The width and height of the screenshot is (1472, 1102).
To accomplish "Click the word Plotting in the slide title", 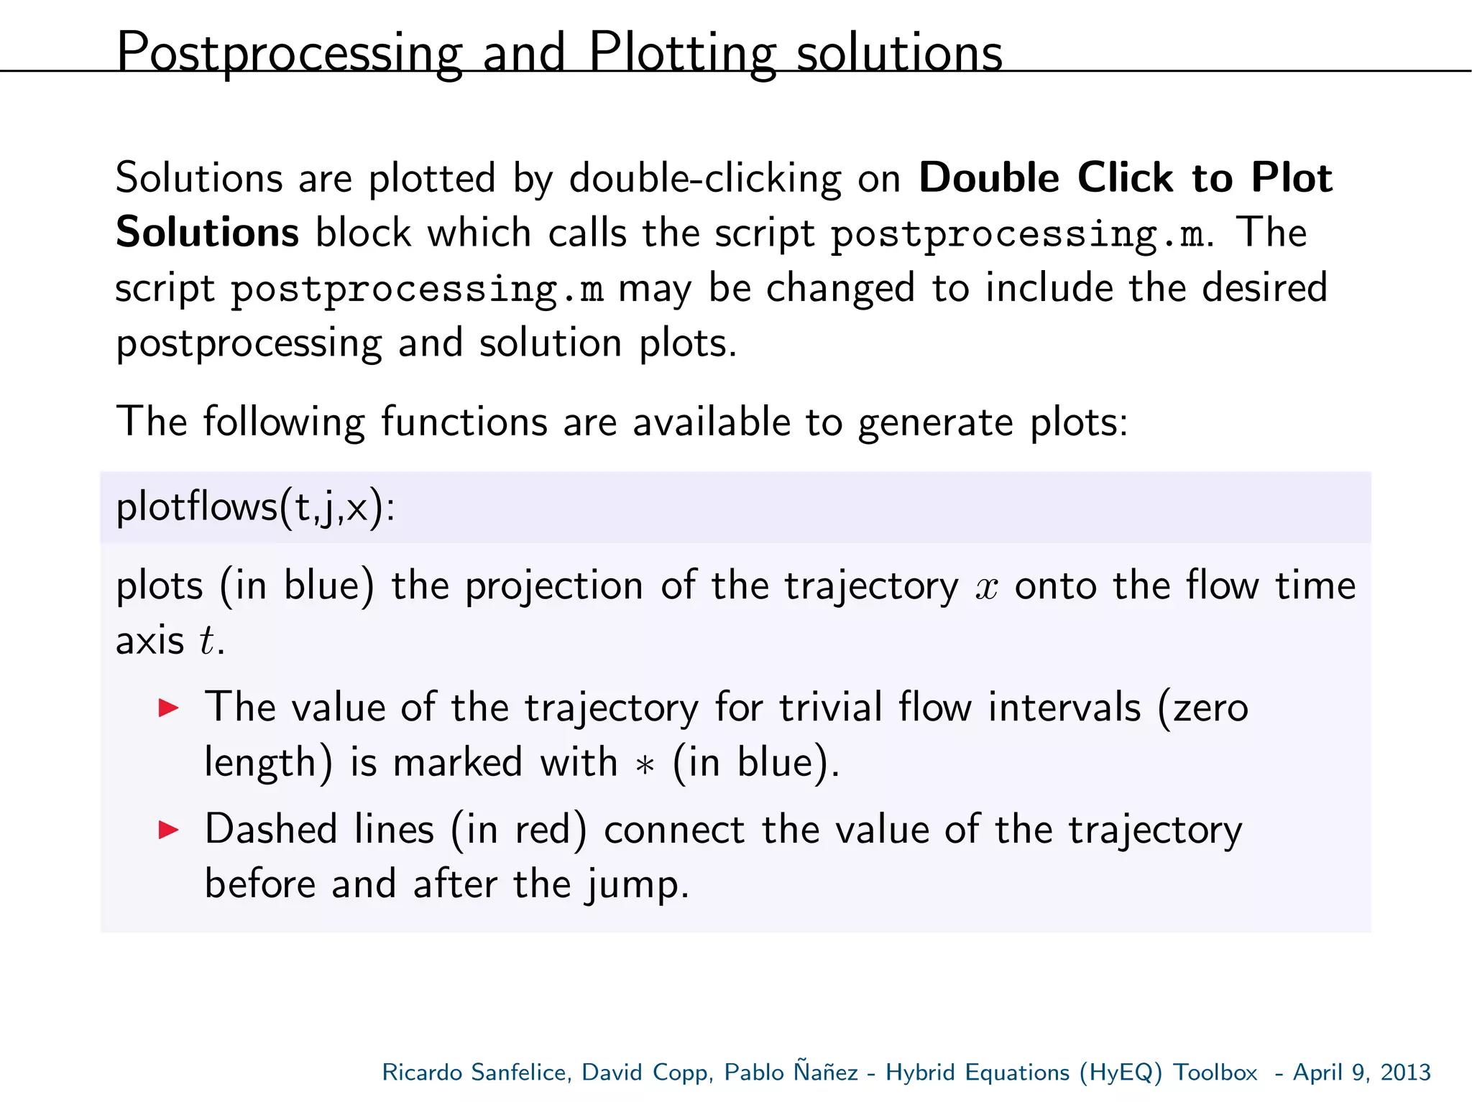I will click(682, 53).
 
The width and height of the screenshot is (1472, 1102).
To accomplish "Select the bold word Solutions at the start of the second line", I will click(207, 233).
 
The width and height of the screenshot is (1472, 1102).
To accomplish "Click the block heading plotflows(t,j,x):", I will click(255, 507).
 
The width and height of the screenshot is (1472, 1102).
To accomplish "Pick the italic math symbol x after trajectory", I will click(987, 587).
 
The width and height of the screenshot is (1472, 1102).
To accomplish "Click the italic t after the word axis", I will click(207, 640).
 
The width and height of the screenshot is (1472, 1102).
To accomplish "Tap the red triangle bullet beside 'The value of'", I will click(168, 708).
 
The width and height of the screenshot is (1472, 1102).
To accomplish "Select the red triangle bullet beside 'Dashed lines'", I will click(168, 830).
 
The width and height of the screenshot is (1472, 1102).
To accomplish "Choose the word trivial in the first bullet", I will click(830, 708).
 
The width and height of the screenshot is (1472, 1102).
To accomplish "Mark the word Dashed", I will click(270, 830).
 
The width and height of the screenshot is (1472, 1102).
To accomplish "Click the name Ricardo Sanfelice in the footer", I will click(476, 1072).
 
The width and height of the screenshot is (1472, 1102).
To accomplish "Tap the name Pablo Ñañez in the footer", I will click(791, 1072).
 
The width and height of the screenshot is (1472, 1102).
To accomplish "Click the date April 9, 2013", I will click(1361, 1072).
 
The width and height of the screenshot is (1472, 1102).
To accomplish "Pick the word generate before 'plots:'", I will click(935, 422).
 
